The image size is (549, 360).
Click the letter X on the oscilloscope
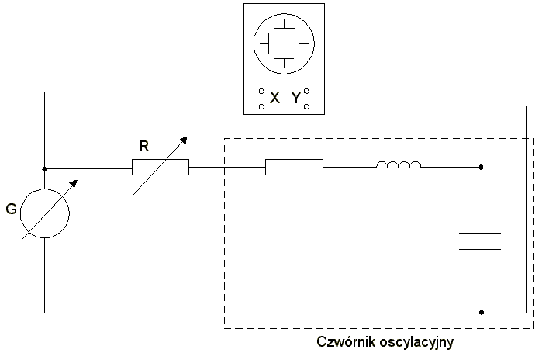[274, 99]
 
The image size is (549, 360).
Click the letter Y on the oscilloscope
[295, 99]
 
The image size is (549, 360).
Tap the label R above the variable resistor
[144, 145]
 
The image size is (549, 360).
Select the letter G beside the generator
[11, 209]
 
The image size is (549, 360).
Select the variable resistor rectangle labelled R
[161, 167]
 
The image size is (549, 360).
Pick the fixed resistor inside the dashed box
[294, 167]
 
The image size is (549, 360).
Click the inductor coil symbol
[399, 164]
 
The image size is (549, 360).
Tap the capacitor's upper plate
[480, 233]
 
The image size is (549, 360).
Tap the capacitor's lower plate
[480, 248]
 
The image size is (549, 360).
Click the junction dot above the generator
[44, 168]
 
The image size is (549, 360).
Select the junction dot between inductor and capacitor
[482, 167]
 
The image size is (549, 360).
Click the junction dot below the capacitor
[482, 313]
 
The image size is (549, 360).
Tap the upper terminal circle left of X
[261, 92]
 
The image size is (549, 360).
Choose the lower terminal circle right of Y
[307, 106]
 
